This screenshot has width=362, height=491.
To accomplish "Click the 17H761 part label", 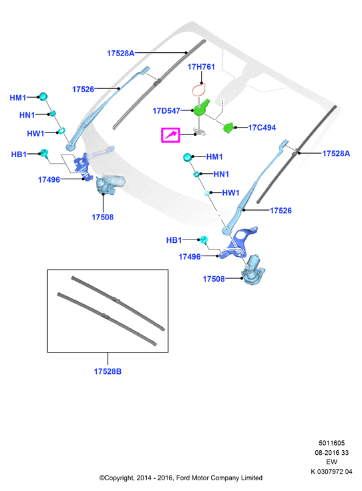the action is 201,67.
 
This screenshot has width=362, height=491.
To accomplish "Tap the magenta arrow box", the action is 171,135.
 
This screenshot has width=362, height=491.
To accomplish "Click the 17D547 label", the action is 166,111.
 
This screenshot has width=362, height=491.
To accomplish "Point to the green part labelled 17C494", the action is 228,128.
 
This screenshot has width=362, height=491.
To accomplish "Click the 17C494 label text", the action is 262,128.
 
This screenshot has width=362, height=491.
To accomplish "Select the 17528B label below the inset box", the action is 108,371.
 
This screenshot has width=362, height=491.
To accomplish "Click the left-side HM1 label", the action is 18,98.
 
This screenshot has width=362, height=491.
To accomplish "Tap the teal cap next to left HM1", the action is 43,96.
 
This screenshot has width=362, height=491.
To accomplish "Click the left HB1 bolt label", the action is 19,155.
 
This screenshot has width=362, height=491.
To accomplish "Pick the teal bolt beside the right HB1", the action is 204,239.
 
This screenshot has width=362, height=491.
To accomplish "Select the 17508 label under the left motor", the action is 103,217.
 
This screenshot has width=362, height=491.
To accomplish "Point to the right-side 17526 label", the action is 281,211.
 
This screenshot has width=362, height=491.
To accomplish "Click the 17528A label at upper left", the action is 121,54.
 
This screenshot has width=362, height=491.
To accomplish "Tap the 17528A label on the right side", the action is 336,153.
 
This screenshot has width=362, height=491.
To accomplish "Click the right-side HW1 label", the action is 230,193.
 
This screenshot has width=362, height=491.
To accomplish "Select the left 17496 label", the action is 49,179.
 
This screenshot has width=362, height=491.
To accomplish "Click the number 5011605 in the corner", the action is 332,443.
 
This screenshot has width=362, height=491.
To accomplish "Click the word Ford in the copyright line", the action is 183,478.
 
